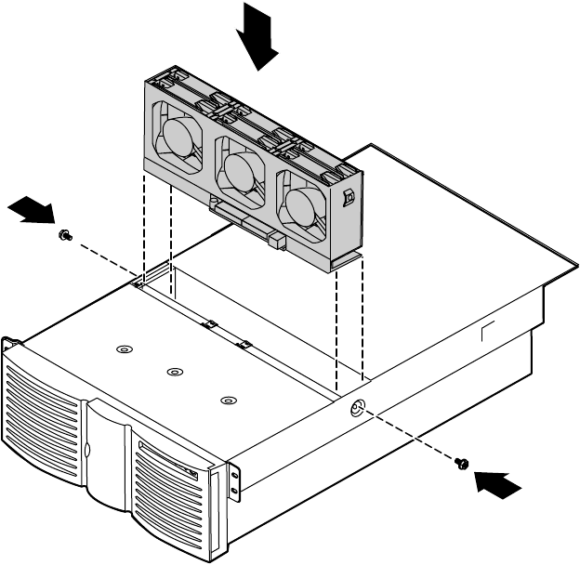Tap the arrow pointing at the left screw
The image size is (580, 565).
point(32,210)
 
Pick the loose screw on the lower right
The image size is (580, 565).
point(462,464)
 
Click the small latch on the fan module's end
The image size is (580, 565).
point(349,198)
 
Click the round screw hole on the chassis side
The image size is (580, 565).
point(357,410)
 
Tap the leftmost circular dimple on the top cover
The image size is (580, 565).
point(124,349)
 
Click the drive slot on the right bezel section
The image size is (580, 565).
point(167,465)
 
